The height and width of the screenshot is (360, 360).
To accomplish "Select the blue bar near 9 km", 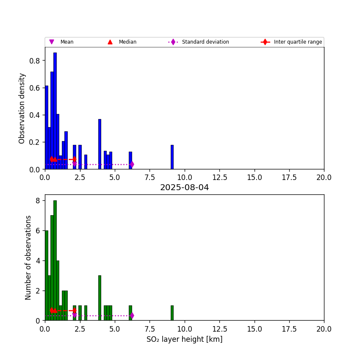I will [172, 157].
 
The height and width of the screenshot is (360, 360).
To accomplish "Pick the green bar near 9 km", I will [172, 313].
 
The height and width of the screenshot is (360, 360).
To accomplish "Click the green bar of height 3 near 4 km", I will [100, 298].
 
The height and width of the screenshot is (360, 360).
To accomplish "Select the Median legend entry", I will [127, 42].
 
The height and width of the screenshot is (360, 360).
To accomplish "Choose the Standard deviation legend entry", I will [205, 42].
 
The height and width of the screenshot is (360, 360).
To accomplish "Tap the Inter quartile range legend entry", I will [297, 42].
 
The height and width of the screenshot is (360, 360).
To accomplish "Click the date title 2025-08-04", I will [184, 188].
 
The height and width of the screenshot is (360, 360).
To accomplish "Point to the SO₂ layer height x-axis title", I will [184, 339].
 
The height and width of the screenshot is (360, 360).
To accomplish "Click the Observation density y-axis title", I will [22, 108].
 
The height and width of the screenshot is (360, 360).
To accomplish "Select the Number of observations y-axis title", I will [28, 258].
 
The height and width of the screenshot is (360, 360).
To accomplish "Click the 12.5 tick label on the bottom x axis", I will [219, 329].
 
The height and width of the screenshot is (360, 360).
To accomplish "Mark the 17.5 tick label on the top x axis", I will [289, 177].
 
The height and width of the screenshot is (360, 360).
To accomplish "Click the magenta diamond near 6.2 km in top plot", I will [132, 164].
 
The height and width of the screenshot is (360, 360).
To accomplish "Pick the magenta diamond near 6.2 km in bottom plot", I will [132, 316].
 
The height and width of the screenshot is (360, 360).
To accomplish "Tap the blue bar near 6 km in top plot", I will [130, 161].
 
